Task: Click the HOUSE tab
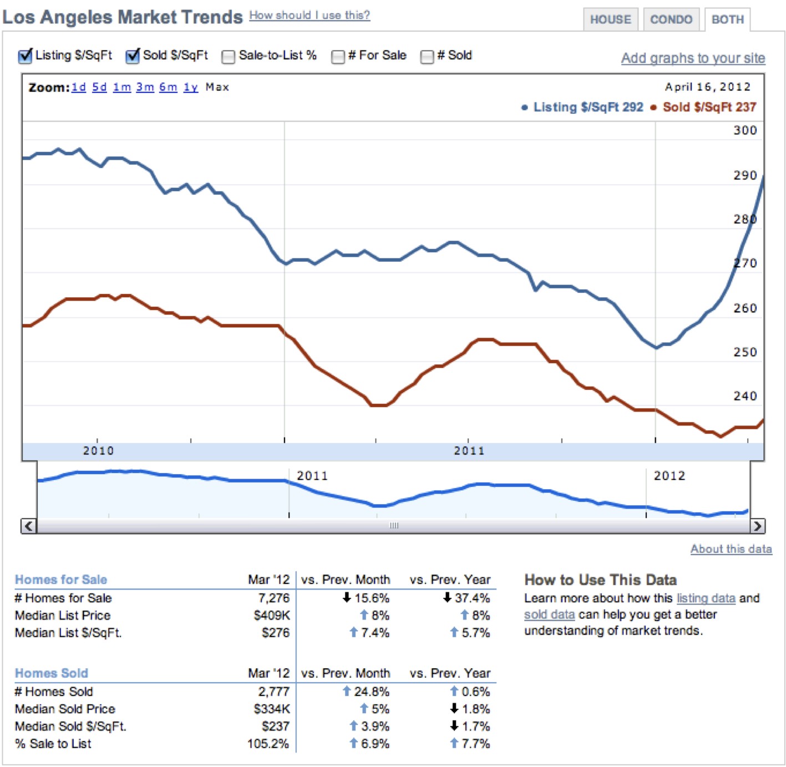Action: (x=610, y=19)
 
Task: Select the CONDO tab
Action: (x=671, y=19)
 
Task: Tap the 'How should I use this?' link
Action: (x=310, y=16)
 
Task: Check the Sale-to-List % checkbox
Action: (x=228, y=57)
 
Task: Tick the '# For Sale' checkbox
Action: (x=337, y=57)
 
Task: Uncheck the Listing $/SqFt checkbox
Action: (x=25, y=56)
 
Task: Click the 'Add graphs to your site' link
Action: (x=693, y=58)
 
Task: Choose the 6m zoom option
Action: (x=168, y=87)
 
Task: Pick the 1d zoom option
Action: (x=79, y=87)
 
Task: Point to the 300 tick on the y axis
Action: (x=745, y=130)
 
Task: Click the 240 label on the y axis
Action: (x=745, y=396)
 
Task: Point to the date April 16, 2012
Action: (x=707, y=87)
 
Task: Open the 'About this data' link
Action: (x=731, y=549)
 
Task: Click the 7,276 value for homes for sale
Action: (x=273, y=598)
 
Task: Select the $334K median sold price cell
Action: (x=271, y=709)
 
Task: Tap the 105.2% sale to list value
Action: (x=268, y=744)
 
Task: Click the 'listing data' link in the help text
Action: (x=706, y=598)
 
